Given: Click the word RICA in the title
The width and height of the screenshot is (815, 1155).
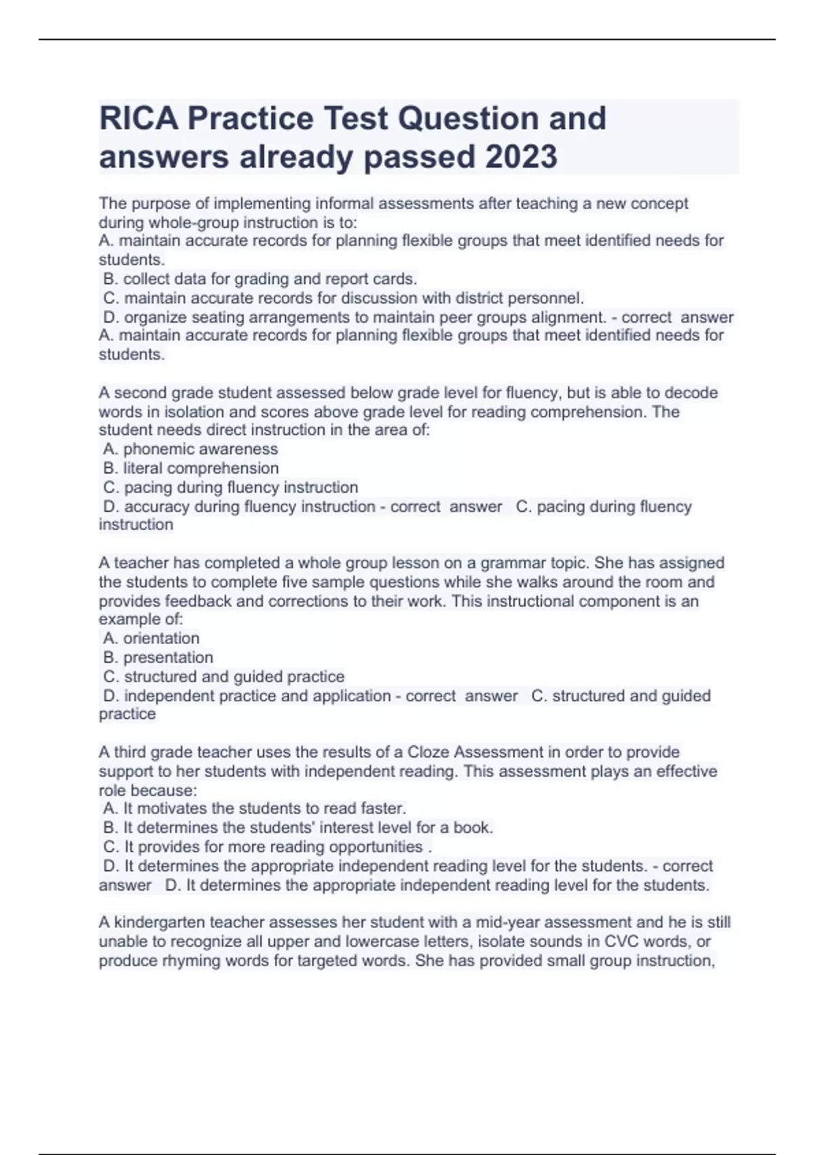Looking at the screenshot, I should [139, 118].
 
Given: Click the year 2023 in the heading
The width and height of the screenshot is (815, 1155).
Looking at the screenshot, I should [521, 157].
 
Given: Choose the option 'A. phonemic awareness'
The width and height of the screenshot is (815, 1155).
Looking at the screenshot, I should [191, 449].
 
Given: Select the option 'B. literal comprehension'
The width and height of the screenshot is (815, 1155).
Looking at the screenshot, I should [191, 468].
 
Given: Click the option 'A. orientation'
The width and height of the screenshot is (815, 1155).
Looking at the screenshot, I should [151, 638].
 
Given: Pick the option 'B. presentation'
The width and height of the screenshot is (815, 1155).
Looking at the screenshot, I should [158, 657].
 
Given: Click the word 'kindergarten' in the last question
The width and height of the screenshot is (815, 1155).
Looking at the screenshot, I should [159, 923].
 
